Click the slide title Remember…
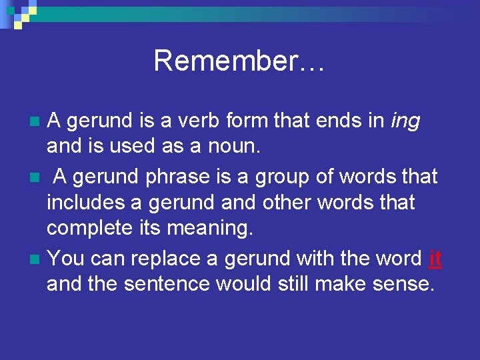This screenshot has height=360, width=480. [x=239, y=61]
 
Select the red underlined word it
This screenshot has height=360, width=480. [x=435, y=258]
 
